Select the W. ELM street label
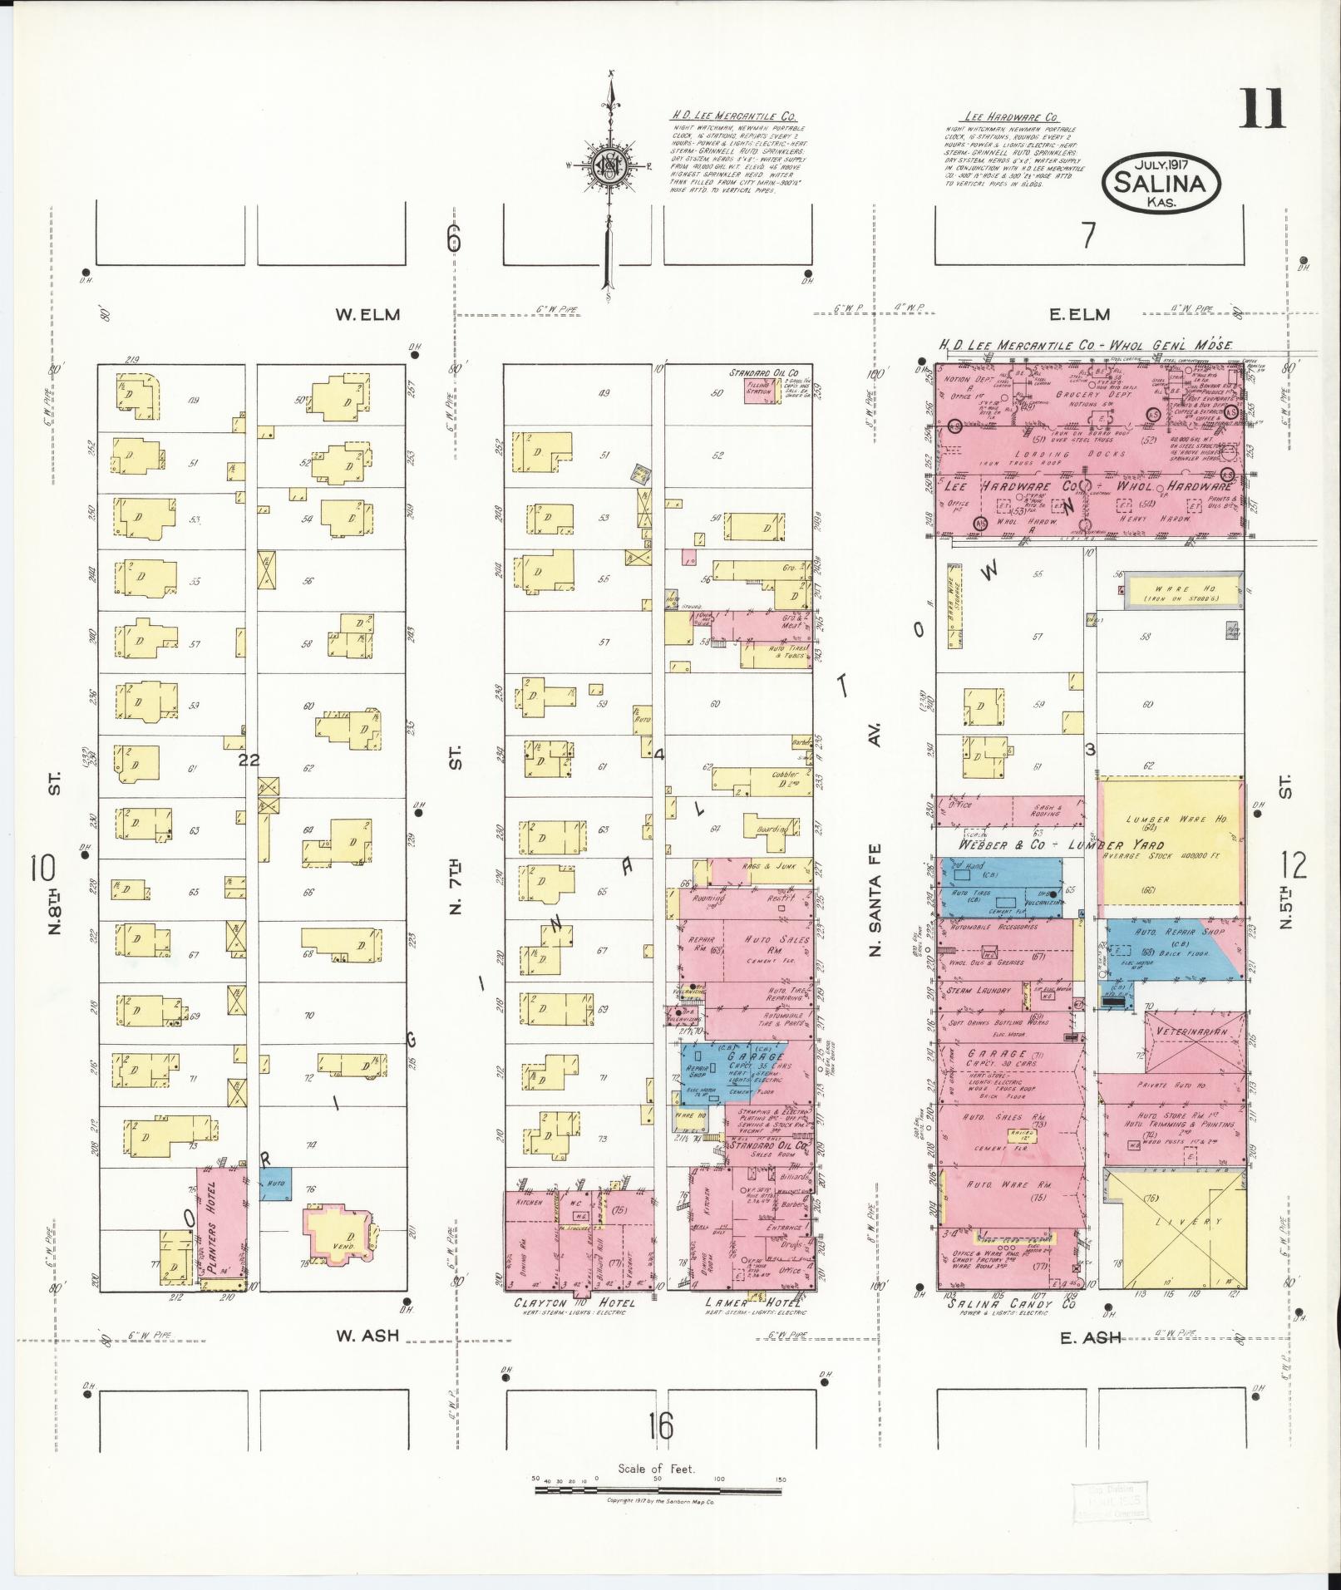pos(367,315)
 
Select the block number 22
pos(249,760)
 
